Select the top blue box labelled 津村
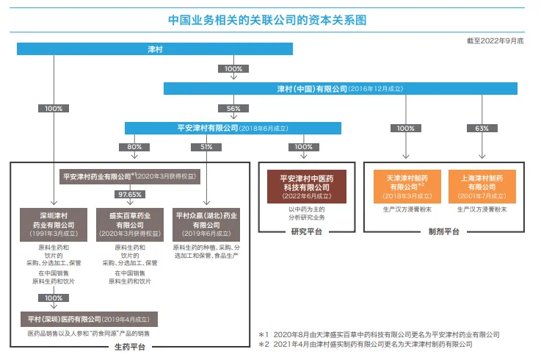pyautogui.click(x=154, y=49)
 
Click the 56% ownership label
pyautogui.click(x=233, y=108)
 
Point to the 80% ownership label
pyautogui.click(x=134, y=147)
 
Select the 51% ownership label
pyautogui.click(x=206, y=147)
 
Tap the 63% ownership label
pyautogui.click(x=482, y=129)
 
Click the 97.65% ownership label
pyautogui.click(x=128, y=194)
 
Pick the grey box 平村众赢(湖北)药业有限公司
pyautogui.click(x=206, y=220)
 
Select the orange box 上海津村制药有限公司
pyautogui.click(x=482, y=187)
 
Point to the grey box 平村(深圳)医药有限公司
pyautogui.click(x=90, y=319)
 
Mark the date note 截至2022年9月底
pyautogui.click(x=495, y=39)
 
